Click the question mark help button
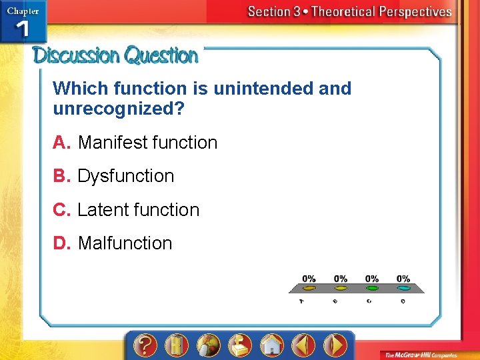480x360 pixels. coord(145,345)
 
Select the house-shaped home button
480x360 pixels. coord(272,345)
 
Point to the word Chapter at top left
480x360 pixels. coord(23,11)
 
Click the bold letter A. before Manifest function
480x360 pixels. coord(62,143)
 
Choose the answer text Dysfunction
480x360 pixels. coord(125,176)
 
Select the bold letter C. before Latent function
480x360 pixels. coord(63,210)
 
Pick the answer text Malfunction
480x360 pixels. coord(125,243)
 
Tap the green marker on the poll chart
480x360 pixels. coord(372,289)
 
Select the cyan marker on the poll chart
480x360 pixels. coord(403,289)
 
